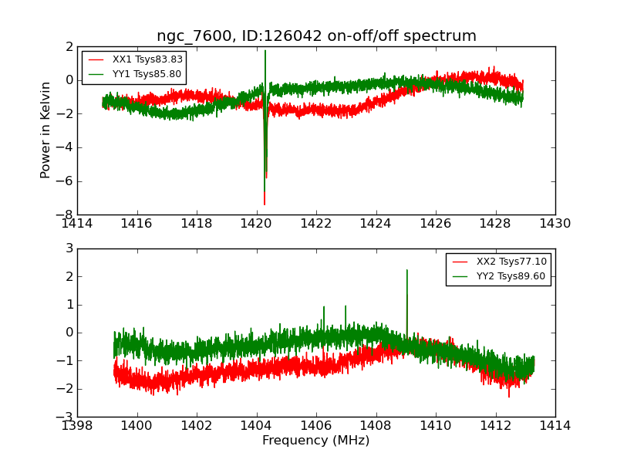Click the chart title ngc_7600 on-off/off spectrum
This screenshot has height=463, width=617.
(316, 36)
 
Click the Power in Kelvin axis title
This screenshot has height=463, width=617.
(46, 130)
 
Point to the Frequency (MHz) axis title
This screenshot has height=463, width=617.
(316, 441)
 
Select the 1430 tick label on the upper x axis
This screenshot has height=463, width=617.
(555, 224)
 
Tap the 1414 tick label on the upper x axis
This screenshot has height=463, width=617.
(77, 224)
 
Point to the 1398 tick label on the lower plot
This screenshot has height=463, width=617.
(77, 426)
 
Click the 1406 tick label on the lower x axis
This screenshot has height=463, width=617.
(316, 426)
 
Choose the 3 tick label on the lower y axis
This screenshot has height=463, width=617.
(69, 248)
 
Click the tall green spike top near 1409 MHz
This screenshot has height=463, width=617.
(406, 270)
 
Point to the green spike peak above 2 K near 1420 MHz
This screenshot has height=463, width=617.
(265, 51)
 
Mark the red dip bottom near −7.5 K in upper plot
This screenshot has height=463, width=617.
(264, 204)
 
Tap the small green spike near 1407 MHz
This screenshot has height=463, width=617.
(346, 306)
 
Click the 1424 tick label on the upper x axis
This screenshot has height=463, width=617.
(376, 224)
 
